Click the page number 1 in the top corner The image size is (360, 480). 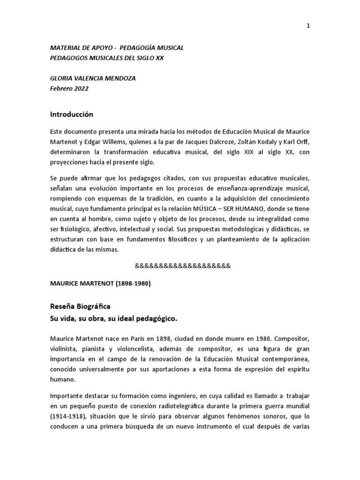pos(308,26)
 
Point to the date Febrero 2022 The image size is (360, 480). pos(69,88)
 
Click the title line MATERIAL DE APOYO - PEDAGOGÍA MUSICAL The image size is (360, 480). pos(117,48)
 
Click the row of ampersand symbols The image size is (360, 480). pos(183,266)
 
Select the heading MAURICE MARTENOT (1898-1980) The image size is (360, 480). pos(100,284)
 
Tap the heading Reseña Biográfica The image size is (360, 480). pos(80,307)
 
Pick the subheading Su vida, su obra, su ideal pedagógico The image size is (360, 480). pos(113,319)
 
